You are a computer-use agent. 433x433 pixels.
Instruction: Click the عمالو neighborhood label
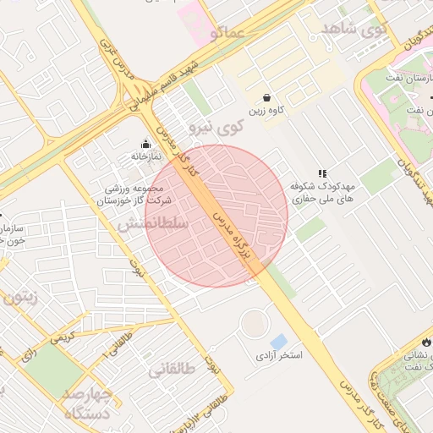tap(228, 33)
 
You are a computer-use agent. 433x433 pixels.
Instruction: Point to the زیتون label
tap(22, 297)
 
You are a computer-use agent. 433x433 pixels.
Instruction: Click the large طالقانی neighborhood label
tap(173, 369)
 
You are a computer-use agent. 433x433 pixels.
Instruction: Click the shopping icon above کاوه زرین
tap(266, 97)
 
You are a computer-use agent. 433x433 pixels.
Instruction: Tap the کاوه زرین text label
tap(266, 111)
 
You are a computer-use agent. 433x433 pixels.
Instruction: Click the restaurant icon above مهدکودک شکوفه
tap(322, 173)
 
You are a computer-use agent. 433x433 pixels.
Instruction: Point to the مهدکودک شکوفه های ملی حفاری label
tap(326, 193)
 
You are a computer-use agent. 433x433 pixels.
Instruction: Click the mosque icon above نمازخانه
tap(145, 143)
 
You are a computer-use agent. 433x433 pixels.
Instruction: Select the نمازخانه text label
tap(145, 156)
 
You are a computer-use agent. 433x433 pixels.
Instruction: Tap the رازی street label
tap(30, 355)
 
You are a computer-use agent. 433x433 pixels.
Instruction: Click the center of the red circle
tap(217, 216)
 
